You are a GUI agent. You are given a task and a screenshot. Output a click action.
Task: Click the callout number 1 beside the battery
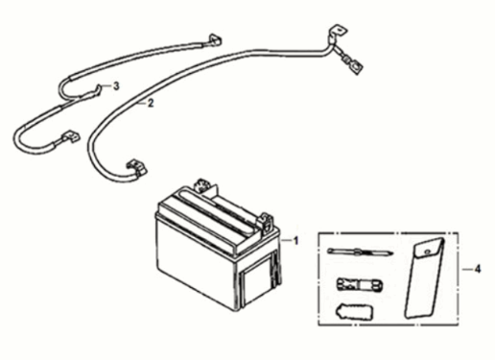click(297, 240)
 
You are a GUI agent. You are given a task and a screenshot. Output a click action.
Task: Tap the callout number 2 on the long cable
click(150, 104)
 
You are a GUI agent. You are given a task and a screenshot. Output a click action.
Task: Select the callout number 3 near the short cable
click(116, 86)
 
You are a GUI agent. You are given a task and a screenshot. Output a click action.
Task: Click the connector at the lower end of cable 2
click(137, 170)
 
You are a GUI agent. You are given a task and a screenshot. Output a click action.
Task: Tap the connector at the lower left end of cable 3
click(68, 138)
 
